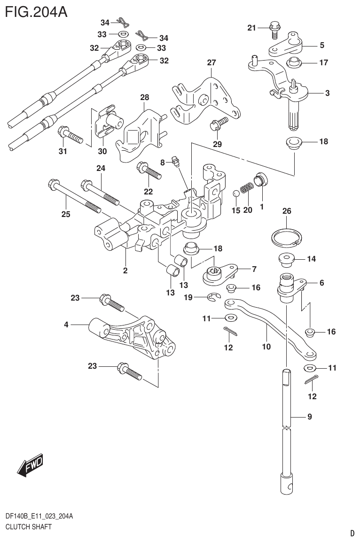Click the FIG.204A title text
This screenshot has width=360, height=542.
[x=35, y=10]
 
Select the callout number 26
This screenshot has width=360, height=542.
[x=287, y=212]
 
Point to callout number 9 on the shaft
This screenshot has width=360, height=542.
[x=309, y=417]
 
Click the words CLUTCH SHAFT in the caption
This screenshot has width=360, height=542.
[x=28, y=527]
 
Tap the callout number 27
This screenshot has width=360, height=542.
[x=211, y=63]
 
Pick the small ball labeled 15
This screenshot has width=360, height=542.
[x=237, y=193]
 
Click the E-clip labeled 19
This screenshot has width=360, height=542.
[x=214, y=296]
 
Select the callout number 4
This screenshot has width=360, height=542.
[x=66, y=324]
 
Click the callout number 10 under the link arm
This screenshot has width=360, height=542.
[x=266, y=347]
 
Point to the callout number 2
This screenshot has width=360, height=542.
[x=125, y=270]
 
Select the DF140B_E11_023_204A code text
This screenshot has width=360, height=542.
[x=39, y=516]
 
